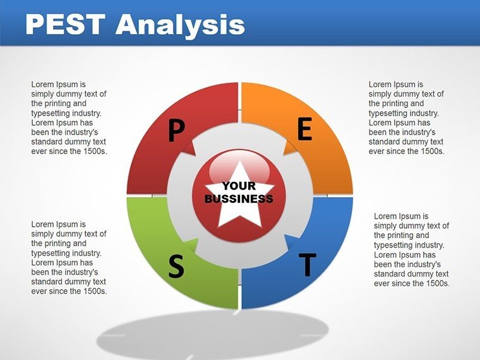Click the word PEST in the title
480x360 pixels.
tap(66, 24)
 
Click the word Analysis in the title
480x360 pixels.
tap(180, 26)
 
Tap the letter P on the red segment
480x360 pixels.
tap(177, 131)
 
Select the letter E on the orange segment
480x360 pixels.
tap(305, 129)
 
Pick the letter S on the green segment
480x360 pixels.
tap(176, 267)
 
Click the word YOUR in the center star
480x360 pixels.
tap(239, 186)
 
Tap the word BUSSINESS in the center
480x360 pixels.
tap(239, 199)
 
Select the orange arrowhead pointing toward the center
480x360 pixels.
tap(290, 148)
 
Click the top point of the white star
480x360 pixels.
tap(240, 162)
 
